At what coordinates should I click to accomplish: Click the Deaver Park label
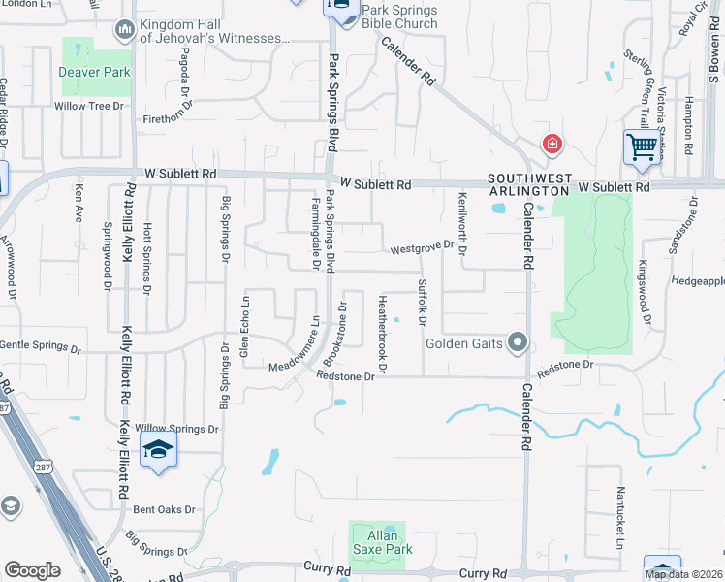pyautogui.click(x=93, y=72)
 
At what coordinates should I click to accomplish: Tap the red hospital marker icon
pyautogui.click(x=552, y=145)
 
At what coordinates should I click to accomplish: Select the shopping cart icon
pyautogui.click(x=642, y=148)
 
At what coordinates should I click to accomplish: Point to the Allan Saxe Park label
pyautogui.click(x=378, y=542)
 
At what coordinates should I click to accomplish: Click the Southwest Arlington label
pyautogui.click(x=527, y=184)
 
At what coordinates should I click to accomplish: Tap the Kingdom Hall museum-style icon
pyautogui.click(x=124, y=30)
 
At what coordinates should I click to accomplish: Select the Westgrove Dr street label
pyautogui.click(x=422, y=248)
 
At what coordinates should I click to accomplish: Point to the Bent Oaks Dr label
pyautogui.click(x=164, y=509)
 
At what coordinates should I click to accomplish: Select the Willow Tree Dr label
pyautogui.click(x=90, y=105)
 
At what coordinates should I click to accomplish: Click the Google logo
pyautogui.click(x=32, y=569)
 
